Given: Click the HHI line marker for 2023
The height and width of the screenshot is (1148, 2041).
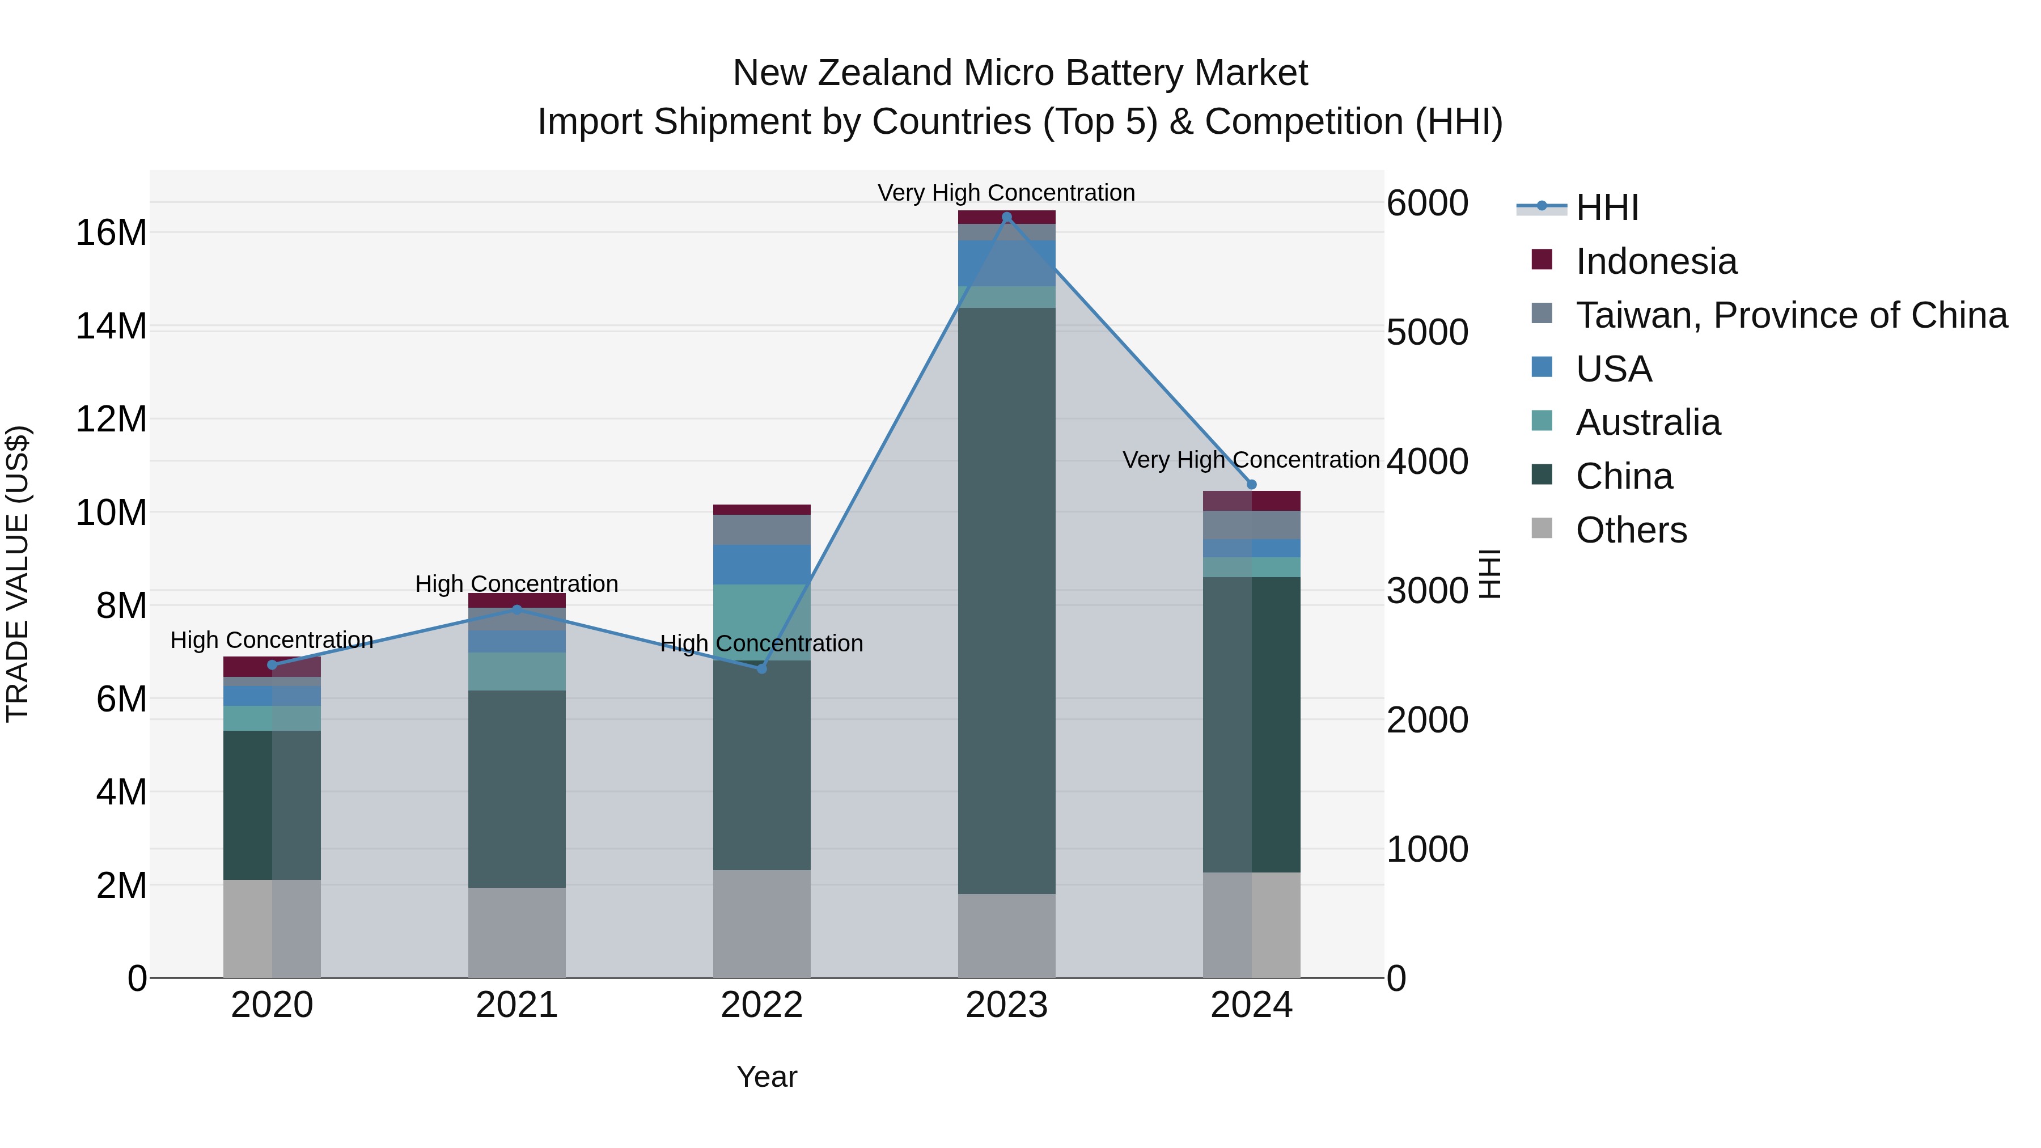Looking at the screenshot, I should coord(1006,217).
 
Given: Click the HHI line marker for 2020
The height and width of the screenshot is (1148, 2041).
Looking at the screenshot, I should coord(272,665).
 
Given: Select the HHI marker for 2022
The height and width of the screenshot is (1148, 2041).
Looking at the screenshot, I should coord(761,669).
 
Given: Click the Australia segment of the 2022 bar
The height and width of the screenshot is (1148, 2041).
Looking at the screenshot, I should coord(761,622).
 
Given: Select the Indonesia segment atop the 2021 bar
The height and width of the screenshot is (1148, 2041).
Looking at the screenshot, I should coord(516,600).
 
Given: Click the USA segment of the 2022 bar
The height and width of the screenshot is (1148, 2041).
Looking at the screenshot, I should coord(761,564).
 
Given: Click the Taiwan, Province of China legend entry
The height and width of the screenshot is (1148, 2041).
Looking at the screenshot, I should coord(1790,315).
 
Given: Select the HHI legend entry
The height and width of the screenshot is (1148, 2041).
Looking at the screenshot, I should coord(1606,207).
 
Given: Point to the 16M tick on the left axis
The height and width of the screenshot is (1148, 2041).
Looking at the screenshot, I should coord(111,233).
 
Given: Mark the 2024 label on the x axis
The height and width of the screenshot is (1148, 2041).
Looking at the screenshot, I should coord(1251,1005).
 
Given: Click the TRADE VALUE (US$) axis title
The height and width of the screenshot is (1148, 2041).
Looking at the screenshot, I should coord(18,574).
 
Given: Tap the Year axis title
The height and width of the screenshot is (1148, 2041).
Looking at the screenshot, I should coord(766,1077).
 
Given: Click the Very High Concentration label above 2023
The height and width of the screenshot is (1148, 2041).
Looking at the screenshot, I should coord(1006,193).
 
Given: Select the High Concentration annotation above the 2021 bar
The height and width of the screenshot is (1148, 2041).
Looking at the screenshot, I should coord(516,584).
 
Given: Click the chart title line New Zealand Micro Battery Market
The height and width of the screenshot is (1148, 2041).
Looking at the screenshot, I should coord(1020,73).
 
